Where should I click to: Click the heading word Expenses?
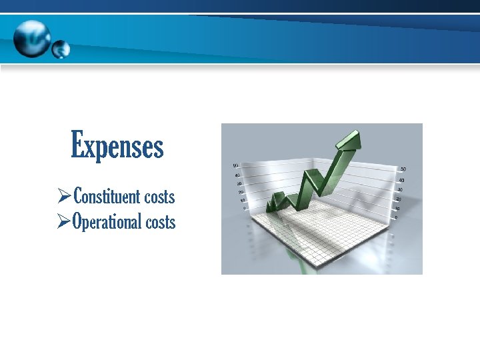[x=117, y=145]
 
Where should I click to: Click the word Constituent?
[x=107, y=197]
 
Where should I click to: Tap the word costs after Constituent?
[x=159, y=197]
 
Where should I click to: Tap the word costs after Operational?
[x=160, y=222]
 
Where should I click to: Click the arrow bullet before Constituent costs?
[x=65, y=197]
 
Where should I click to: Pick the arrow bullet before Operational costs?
[x=65, y=221]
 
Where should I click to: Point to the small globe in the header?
[x=61, y=49]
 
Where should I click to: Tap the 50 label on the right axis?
[x=402, y=169]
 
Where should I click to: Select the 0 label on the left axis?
[x=244, y=207]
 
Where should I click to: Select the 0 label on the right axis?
[x=397, y=217]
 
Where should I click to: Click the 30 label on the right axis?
[x=401, y=189]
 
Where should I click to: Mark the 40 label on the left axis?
[x=237, y=175]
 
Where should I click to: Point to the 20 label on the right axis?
[x=399, y=199]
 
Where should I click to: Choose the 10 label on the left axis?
[x=242, y=199]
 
